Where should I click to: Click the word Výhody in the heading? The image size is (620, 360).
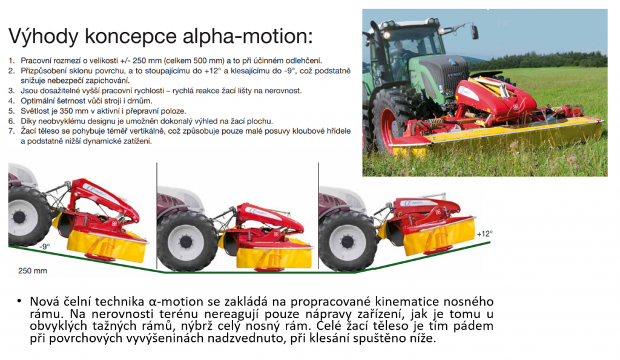click(43, 37)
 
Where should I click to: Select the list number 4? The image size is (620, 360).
click(12, 101)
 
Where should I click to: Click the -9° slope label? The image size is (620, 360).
click(45, 246)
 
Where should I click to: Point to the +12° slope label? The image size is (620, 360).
click(485, 234)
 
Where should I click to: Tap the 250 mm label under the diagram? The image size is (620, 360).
click(33, 270)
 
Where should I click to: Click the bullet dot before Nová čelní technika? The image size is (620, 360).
click(19, 301)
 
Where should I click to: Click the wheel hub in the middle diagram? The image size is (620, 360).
click(185, 241)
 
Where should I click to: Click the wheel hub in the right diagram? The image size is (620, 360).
click(348, 241)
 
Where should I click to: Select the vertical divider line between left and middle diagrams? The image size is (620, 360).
click(157, 216)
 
